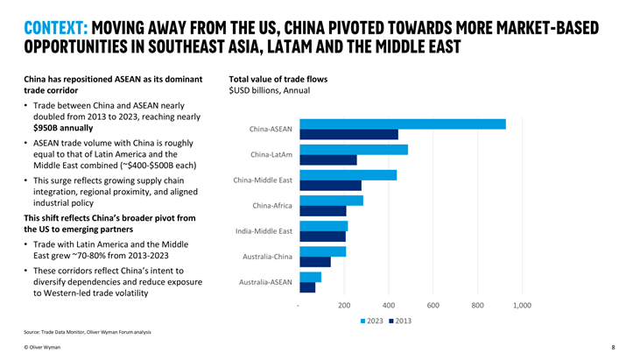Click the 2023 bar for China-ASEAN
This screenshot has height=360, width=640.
tap(403, 124)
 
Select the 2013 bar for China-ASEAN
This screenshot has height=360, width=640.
tap(348, 135)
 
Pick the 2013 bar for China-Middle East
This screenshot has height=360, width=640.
tap(330, 186)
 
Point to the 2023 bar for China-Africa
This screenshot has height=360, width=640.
tap(331, 201)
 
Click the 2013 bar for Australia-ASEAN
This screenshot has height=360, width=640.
tap(307, 287)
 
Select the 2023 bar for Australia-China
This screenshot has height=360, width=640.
tap(322, 251)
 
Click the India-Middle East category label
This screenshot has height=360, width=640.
tap(264, 231)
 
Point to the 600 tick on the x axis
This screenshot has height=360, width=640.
tap(433, 306)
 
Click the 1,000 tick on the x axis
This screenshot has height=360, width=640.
tap(522, 306)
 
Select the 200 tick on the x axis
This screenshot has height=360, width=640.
tap(344, 306)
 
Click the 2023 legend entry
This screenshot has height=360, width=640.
tap(372, 321)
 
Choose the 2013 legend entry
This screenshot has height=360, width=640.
tap(400, 321)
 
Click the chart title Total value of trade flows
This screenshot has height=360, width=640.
tap(278, 79)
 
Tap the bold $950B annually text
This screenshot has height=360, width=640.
tap(63, 128)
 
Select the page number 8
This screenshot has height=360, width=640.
tap(613, 348)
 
